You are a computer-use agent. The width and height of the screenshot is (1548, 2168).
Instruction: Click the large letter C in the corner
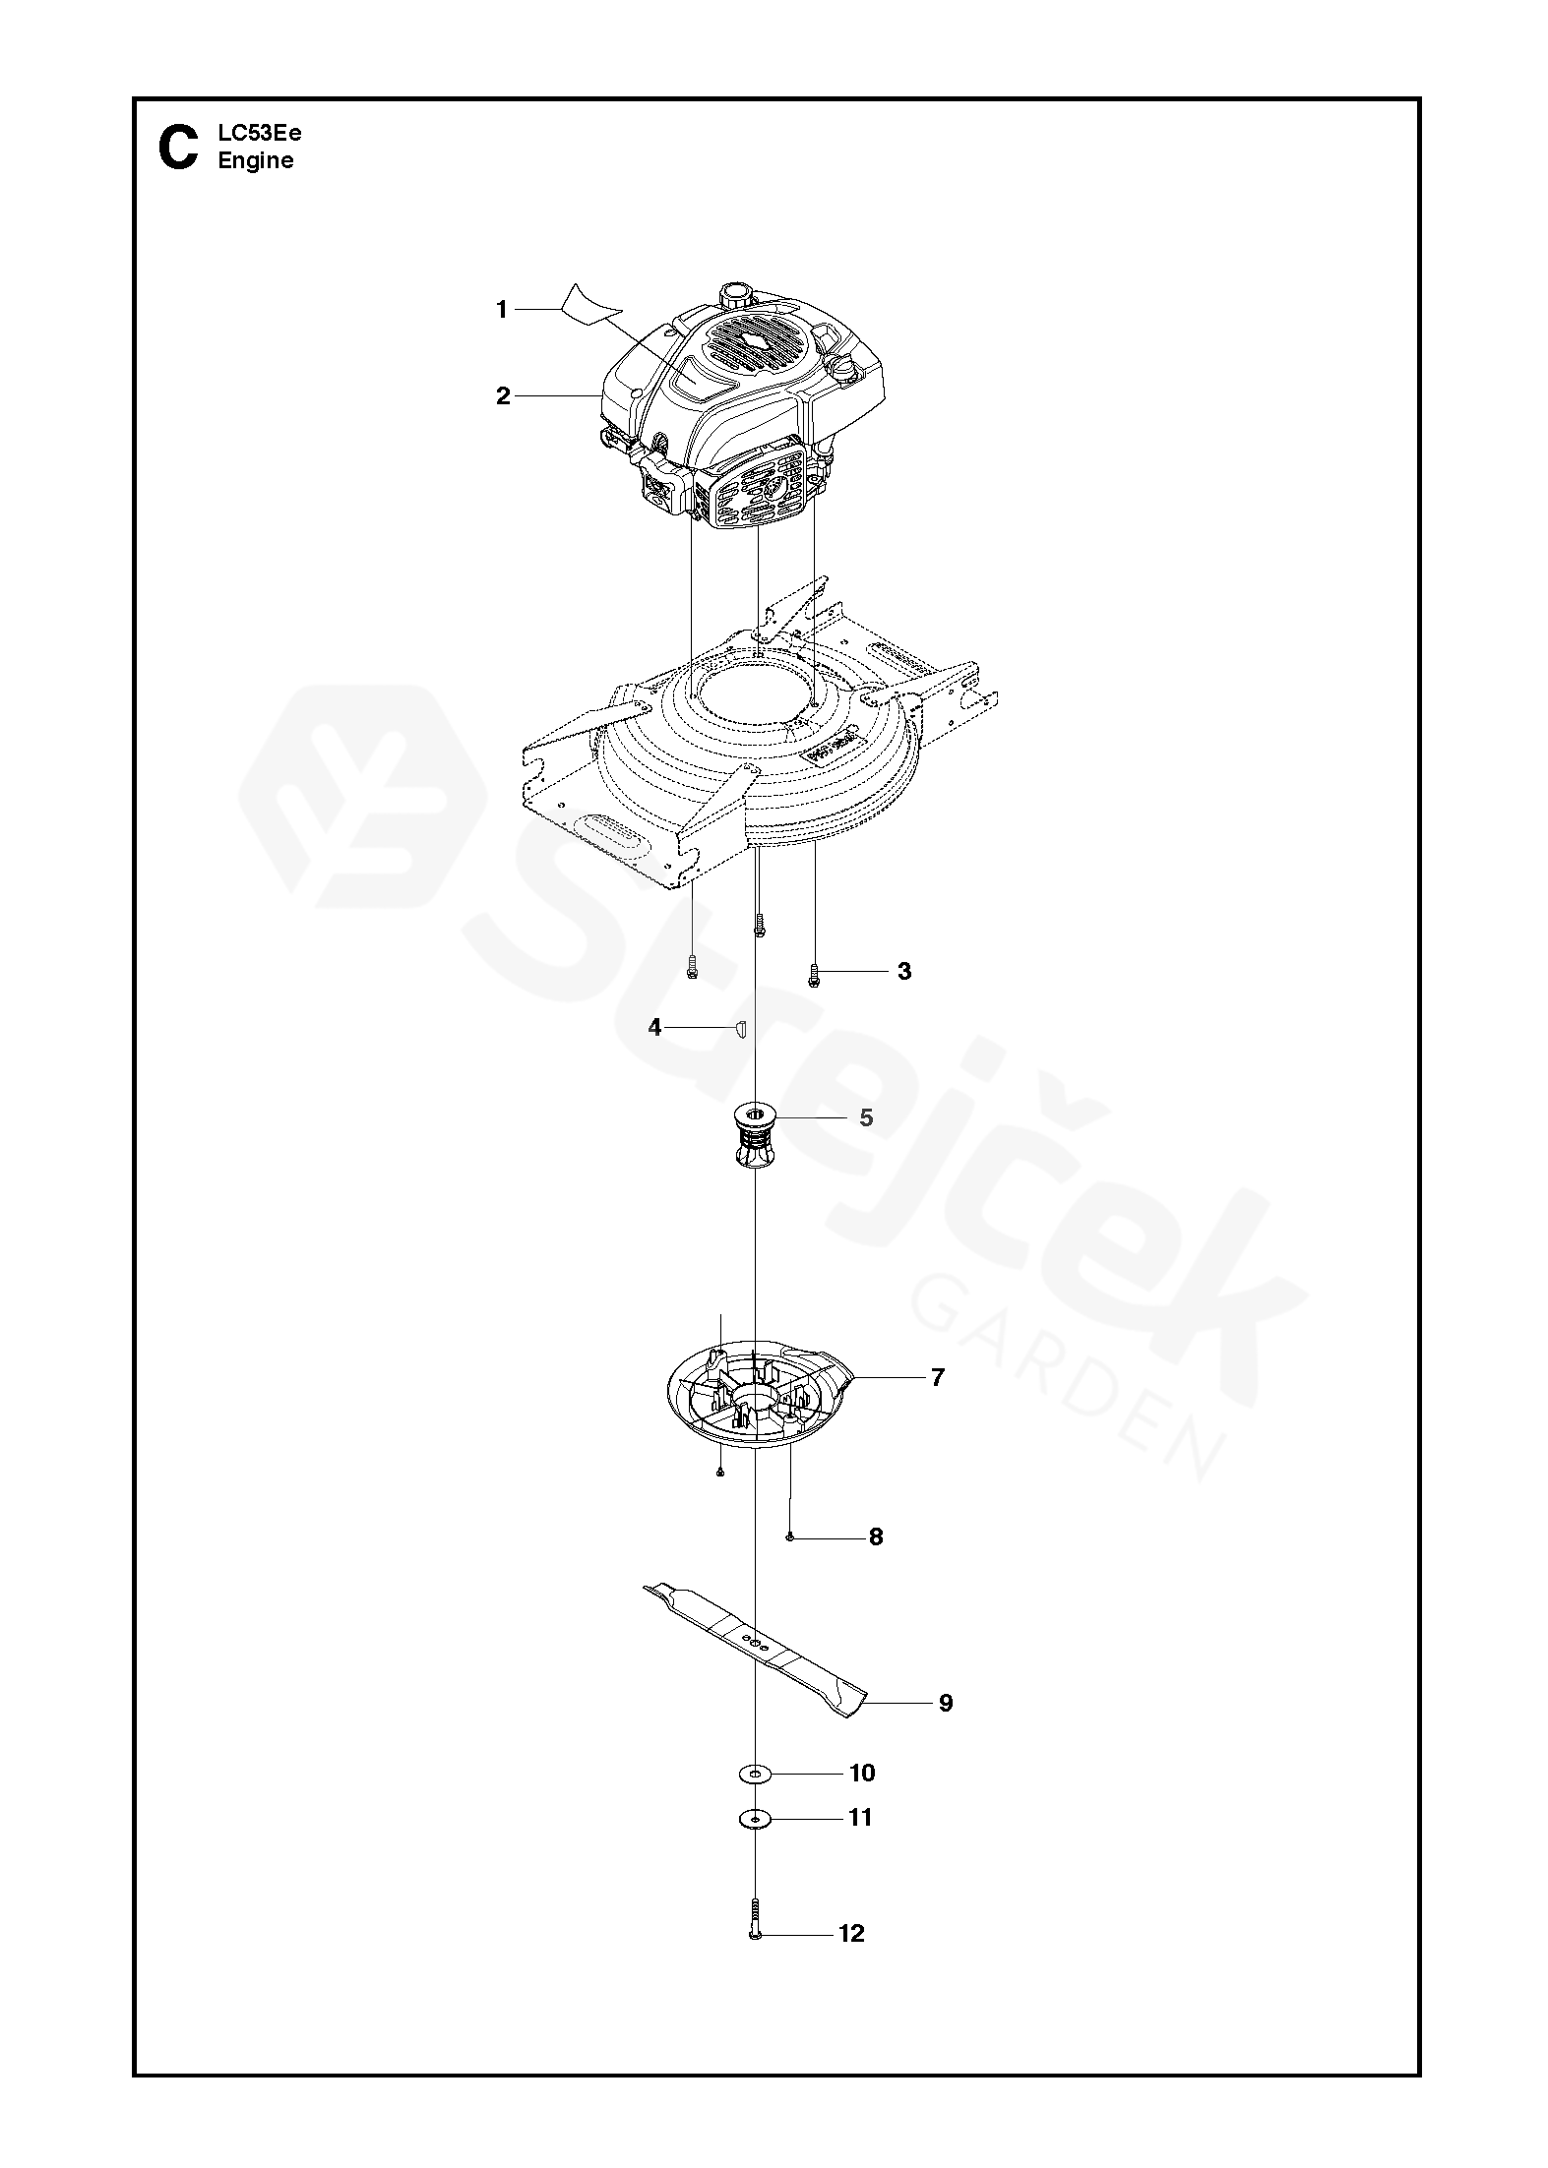pyautogui.click(x=178, y=148)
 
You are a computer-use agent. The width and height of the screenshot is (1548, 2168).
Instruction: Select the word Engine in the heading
pyautogui.click(x=256, y=161)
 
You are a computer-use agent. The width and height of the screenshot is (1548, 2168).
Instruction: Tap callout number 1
pyautogui.click(x=501, y=310)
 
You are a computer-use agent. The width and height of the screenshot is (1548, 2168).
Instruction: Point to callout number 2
pyautogui.click(x=503, y=396)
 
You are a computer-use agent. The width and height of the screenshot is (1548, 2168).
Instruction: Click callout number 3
pyautogui.click(x=904, y=972)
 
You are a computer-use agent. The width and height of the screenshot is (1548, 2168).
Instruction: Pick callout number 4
pyautogui.click(x=655, y=1028)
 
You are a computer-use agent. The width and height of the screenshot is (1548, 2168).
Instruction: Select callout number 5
pyautogui.click(x=866, y=1118)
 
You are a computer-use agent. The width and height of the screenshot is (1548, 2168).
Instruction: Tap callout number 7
pyautogui.click(x=937, y=1378)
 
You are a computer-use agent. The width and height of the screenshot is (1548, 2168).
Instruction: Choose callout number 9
pyautogui.click(x=946, y=1703)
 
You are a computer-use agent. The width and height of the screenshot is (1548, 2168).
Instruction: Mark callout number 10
pyautogui.click(x=862, y=1773)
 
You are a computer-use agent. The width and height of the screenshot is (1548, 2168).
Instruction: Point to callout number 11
pyautogui.click(x=861, y=1818)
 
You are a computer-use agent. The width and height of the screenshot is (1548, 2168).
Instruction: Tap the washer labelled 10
pyautogui.click(x=755, y=1773)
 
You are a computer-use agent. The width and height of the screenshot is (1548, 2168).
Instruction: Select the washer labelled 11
pyautogui.click(x=755, y=1819)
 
